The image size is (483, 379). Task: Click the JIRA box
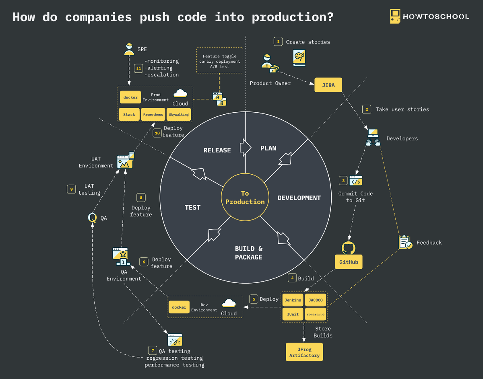point(328,85)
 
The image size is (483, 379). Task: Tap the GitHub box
point(349,262)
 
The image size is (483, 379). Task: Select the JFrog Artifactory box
point(304,352)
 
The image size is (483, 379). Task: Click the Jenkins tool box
point(293,300)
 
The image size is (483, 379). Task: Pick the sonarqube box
point(315,314)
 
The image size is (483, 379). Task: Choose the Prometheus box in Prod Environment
point(153,114)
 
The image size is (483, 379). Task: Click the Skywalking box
point(179,114)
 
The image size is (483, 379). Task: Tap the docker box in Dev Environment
point(179,307)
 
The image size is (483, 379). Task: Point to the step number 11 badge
point(139,68)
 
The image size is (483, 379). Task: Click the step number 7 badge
point(152,351)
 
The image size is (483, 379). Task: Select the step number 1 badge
point(278,41)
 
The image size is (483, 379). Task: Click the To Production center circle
point(245,198)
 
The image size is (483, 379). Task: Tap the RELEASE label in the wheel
point(217,150)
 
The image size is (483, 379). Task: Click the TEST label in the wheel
point(192,207)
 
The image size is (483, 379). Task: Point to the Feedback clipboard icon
point(405,242)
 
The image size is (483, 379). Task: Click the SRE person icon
point(129,49)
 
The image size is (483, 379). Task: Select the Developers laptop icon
point(373,137)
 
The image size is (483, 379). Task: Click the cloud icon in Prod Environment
point(180,94)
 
